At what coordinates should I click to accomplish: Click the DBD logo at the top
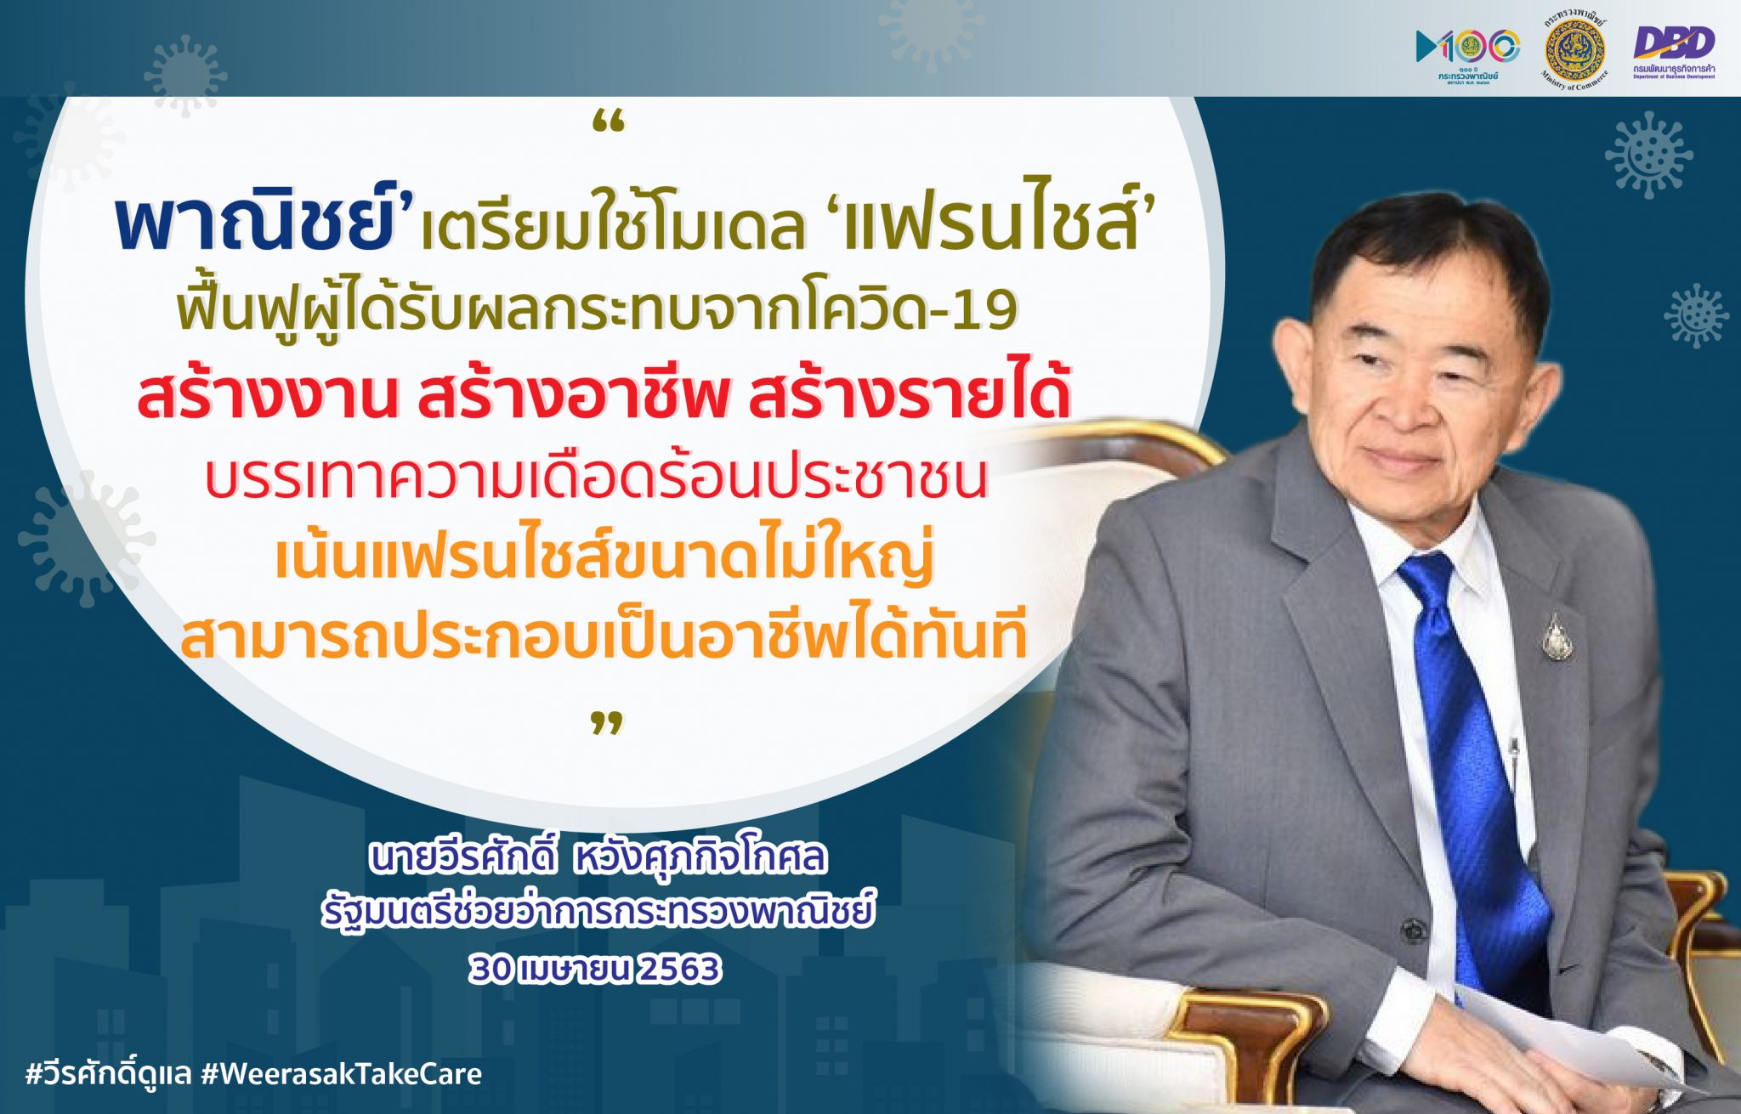(x=1673, y=51)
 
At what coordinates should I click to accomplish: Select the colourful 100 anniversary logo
(x=1467, y=51)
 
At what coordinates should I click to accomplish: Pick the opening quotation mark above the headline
(x=607, y=126)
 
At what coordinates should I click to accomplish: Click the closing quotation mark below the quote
(x=607, y=724)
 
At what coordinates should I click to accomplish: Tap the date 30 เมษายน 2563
(x=595, y=969)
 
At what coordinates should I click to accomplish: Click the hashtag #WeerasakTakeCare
(x=342, y=1074)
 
